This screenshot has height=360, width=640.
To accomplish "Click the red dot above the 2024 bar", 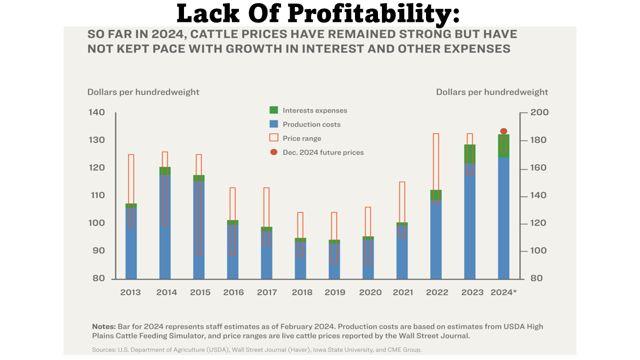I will click(503, 131).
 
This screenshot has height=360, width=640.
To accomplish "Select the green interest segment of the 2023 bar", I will click(469, 154).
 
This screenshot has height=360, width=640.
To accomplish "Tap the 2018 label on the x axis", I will click(301, 292).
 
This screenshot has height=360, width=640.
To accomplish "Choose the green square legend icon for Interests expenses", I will click(273, 110).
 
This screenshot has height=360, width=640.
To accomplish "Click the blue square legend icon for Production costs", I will click(273, 124).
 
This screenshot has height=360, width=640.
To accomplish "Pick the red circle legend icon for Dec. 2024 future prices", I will click(273, 152).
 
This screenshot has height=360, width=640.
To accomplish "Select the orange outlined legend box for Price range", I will click(273, 138).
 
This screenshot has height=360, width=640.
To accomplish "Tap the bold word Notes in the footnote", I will click(104, 326).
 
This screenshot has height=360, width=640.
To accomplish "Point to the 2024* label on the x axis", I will click(503, 292).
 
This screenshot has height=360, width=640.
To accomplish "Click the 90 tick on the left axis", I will click(98, 250).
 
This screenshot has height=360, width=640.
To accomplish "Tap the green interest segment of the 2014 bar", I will click(165, 171).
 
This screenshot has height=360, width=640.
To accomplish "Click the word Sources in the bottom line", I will click(103, 349).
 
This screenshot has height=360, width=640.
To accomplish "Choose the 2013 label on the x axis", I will click(130, 292).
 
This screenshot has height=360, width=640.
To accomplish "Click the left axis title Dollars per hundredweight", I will click(143, 92).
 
